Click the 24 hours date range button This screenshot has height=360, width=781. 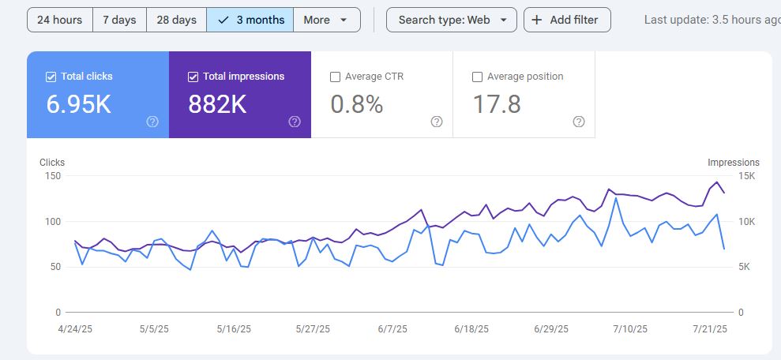[x=59, y=20]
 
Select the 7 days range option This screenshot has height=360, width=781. [x=119, y=20]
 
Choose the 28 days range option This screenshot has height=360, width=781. [x=176, y=20]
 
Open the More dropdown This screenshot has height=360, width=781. [x=326, y=20]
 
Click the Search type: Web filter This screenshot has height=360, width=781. [x=451, y=20]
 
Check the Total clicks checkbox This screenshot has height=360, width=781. [x=51, y=77]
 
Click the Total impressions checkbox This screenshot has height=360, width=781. [x=193, y=77]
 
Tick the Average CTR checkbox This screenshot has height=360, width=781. [x=335, y=77]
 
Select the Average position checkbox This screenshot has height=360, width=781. [x=477, y=77]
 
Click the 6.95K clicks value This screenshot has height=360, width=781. [x=78, y=104]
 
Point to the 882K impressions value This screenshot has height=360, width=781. [x=218, y=104]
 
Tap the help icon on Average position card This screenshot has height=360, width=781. [x=579, y=122]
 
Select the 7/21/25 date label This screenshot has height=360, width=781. [x=711, y=329]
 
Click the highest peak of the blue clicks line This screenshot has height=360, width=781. [x=615, y=198]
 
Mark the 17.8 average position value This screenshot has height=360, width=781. [x=497, y=104]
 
